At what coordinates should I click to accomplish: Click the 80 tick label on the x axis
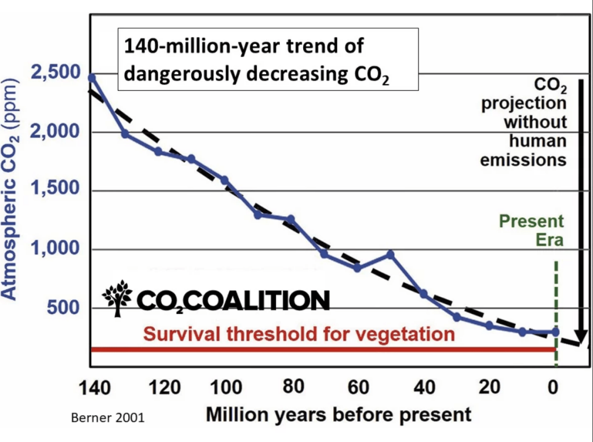(x=293, y=388)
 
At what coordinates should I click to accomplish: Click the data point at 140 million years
(x=92, y=77)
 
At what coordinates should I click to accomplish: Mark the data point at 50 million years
(x=390, y=254)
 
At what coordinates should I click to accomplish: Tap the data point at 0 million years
(x=556, y=332)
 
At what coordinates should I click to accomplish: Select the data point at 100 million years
(x=224, y=180)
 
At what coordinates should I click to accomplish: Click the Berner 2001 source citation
(x=107, y=417)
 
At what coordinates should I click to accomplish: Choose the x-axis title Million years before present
(x=338, y=415)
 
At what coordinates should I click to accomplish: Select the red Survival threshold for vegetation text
(x=299, y=334)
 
